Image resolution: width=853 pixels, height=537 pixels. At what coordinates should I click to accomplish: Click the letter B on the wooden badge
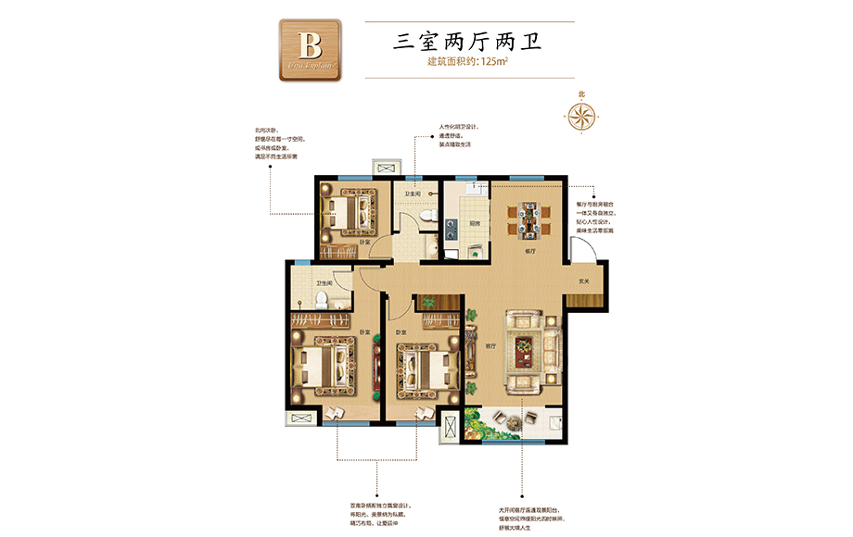click(x=310, y=47)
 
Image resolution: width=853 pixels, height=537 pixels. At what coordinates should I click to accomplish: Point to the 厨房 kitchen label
click(x=474, y=223)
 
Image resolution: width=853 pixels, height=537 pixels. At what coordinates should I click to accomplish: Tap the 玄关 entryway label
click(x=584, y=281)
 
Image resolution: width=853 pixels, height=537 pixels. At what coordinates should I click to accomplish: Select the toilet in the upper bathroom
click(x=426, y=215)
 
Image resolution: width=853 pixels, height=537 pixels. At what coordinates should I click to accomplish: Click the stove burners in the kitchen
click(x=449, y=226)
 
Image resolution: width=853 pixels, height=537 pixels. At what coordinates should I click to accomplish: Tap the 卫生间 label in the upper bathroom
click(x=414, y=194)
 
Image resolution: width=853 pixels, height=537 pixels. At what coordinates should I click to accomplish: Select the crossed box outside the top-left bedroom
click(x=384, y=169)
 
